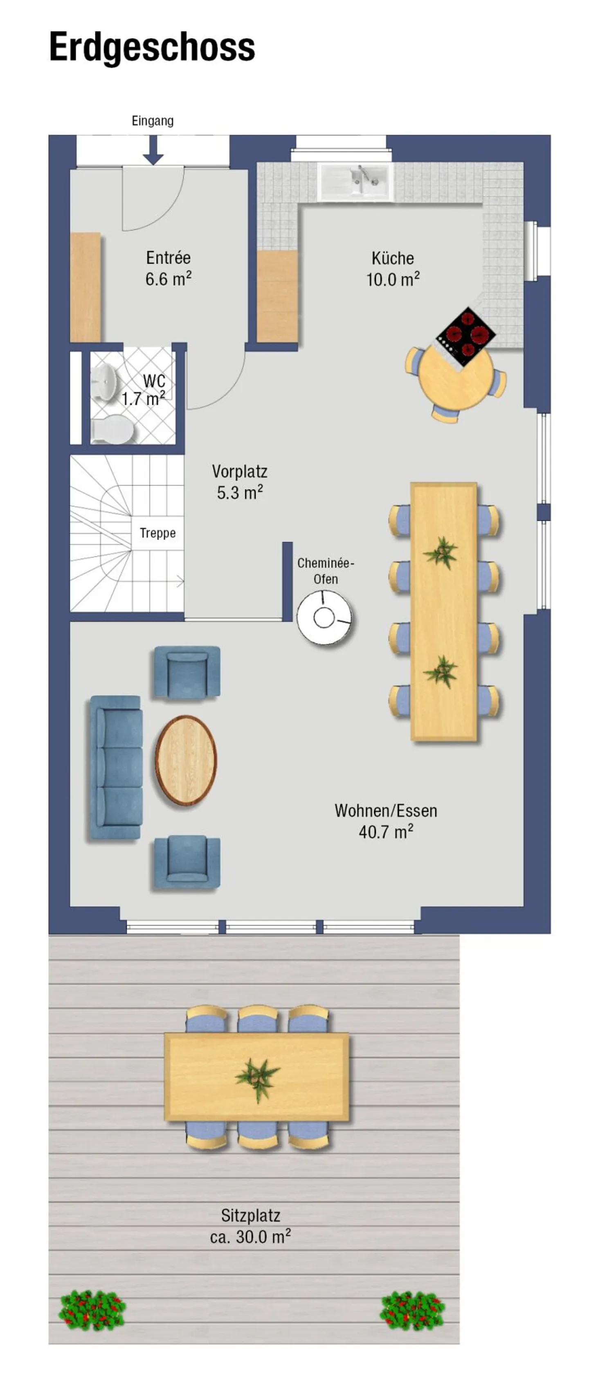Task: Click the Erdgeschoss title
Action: point(152,47)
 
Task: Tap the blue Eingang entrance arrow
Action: point(153,150)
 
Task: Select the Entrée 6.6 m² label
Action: point(168,268)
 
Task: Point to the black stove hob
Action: point(465,336)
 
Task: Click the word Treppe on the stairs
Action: point(157,533)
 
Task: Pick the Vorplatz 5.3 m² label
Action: point(239,482)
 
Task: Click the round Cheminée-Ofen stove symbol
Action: point(324,617)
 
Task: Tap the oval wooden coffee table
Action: point(186,760)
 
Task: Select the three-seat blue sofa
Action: point(116,767)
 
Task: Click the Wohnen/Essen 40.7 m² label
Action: point(385,821)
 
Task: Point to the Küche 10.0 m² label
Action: point(393,268)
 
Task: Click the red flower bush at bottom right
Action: point(412,1311)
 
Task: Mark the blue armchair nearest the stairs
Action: point(187,672)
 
